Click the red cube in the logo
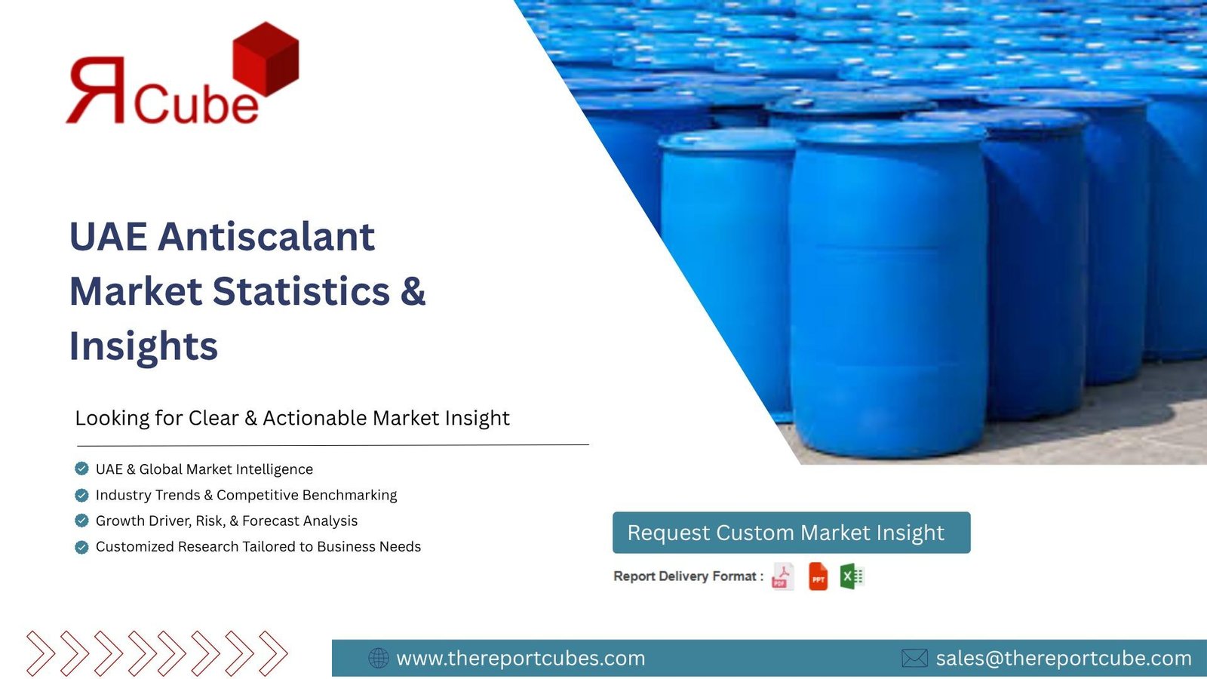266,60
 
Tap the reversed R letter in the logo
96,90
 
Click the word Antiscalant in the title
266,236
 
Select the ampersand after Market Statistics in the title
413,291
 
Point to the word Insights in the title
144,346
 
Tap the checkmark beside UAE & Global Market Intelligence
82,469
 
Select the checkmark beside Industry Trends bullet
82,495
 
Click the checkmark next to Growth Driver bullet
82,521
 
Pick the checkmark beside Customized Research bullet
82,547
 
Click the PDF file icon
782,576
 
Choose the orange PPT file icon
818,576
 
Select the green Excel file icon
852,576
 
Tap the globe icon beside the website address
378,658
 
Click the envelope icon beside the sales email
914,658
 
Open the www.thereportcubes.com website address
521,658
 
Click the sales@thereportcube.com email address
1064,658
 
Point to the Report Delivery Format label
689,576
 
